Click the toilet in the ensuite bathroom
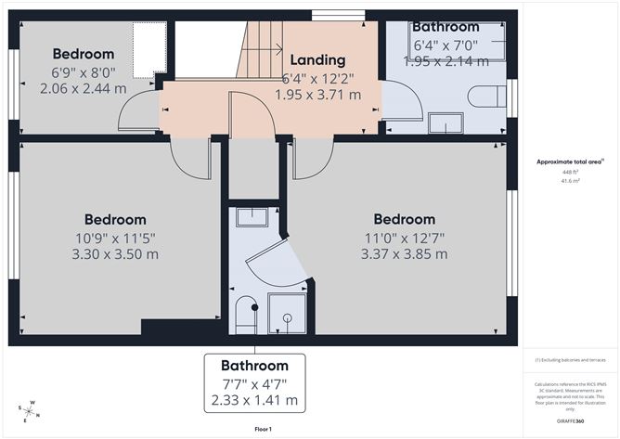tap(246, 315)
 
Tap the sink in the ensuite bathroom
tap(251, 218)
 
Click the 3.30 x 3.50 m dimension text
tap(115, 253)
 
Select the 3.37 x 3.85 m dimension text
tap(404, 253)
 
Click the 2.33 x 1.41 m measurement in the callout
tap(254, 400)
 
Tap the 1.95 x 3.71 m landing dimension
tap(317, 94)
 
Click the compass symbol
tap(29, 410)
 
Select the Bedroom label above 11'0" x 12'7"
tap(404, 219)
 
